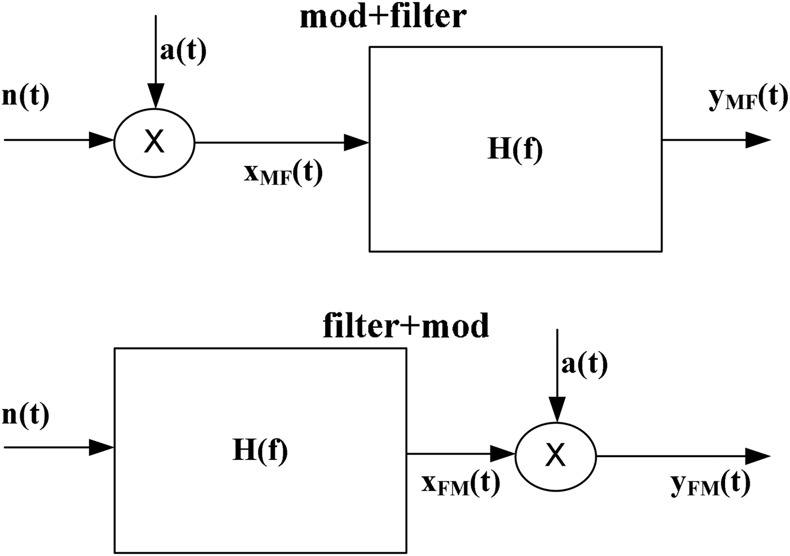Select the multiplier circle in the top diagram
(154, 142)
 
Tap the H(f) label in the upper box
(515, 149)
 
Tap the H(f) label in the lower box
(260, 450)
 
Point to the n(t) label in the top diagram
(26, 97)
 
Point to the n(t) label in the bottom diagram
(26, 415)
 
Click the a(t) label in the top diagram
(183, 51)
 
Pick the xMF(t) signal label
(283, 173)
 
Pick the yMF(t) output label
(747, 98)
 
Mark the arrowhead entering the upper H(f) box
(357, 142)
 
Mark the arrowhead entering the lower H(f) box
(102, 448)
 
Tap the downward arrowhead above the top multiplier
(156, 95)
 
